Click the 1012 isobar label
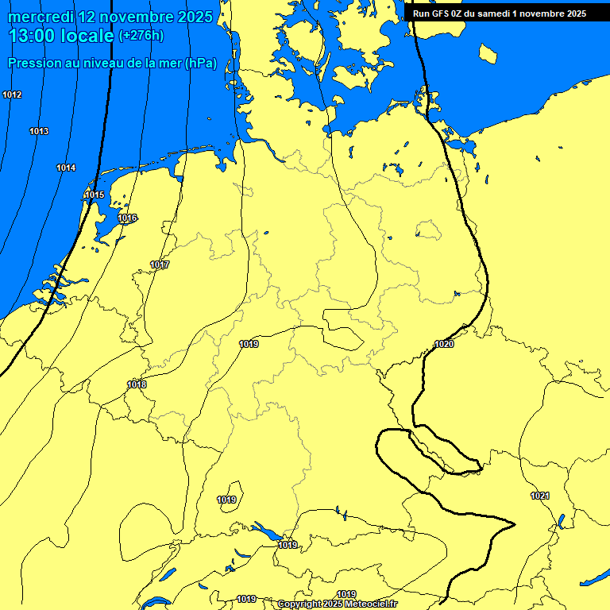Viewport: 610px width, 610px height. pos(12,95)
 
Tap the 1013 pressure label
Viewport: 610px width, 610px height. pos(39,131)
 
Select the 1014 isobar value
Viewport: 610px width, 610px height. pos(66,168)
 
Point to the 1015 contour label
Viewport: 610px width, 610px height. pos(95,195)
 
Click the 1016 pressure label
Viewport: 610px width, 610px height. pos(127,218)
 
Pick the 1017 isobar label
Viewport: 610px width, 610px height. pos(160,264)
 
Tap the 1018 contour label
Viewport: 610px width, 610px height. pos(137,384)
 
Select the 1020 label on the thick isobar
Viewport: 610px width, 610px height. pos(444,344)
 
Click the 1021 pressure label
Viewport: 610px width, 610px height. pos(540,496)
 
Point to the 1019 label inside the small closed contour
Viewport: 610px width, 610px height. pos(226,500)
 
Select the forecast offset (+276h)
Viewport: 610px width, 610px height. pos(141,36)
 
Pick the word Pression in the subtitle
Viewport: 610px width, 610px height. pos(33,63)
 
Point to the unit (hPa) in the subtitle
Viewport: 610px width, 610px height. pos(201,63)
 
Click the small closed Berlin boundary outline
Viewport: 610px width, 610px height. pos(427,230)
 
